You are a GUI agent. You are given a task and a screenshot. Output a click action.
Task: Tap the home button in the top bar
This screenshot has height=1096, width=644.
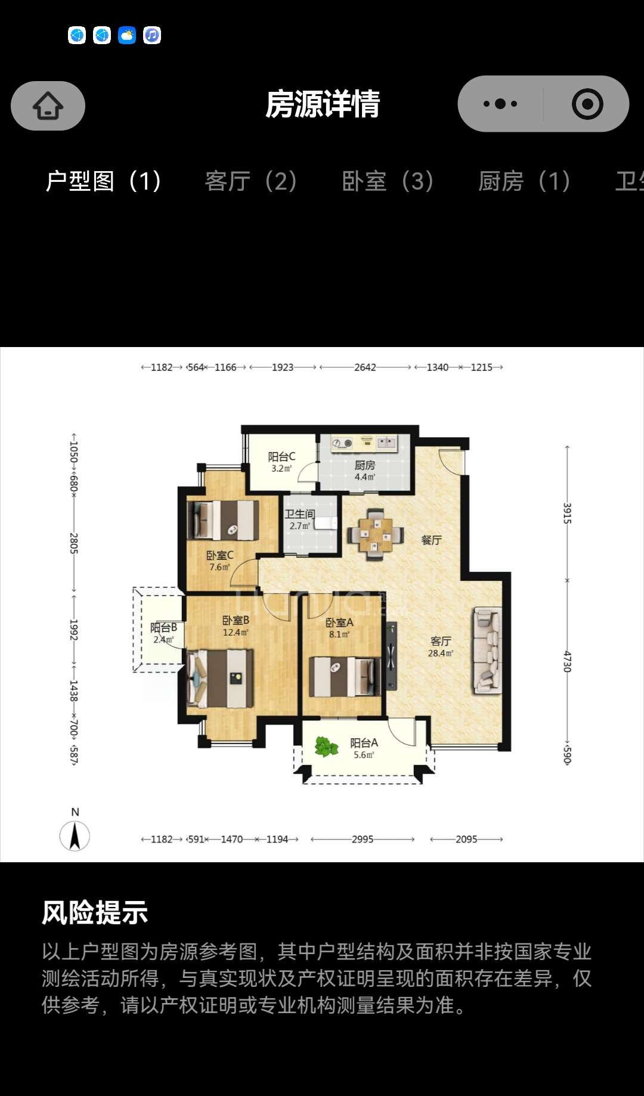[x=48, y=106]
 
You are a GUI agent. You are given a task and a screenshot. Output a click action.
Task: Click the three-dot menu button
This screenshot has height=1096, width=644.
[x=500, y=104]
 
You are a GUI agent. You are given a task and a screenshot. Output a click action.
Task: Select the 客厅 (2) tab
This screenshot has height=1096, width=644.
[x=250, y=181]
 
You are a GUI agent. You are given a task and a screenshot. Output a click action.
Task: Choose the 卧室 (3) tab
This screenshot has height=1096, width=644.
[x=388, y=181]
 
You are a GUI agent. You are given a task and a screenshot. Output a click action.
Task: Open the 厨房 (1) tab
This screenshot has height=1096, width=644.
[x=524, y=181]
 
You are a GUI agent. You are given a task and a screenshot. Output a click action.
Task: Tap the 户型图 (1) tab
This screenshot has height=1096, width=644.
[x=103, y=181]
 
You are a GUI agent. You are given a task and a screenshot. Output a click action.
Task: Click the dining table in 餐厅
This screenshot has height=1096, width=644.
[x=375, y=534]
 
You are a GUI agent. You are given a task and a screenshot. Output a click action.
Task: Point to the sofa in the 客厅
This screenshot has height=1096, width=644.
[x=487, y=651]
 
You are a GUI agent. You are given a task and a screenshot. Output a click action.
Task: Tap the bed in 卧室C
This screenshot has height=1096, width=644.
[x=224, y=520]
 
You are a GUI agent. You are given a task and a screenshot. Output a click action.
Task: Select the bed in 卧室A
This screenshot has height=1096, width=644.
[x=345, y=676]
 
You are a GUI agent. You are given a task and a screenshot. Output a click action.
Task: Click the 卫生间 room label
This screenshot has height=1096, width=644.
[x=299, y=514]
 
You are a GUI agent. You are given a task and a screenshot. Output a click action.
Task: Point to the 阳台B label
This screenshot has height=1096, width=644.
[x=163, y=627]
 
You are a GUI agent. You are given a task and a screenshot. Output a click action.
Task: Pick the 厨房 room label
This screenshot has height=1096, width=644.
[x=365, y=465]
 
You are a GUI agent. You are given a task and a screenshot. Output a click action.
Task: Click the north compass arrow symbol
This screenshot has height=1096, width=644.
[x=75, y=835]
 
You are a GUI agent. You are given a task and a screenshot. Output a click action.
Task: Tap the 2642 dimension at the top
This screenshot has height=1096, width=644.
[x=365, y=367]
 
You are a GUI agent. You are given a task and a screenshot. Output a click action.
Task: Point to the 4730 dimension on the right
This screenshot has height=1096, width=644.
[x=567, y=661]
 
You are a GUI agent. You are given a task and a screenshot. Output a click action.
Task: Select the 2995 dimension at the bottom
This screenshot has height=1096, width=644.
[x=363, y=839]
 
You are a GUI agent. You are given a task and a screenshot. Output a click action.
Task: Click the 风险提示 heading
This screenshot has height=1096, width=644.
[x=95, y=912]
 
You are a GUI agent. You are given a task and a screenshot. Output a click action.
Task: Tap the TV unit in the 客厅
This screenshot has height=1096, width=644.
[x=391, y=656]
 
